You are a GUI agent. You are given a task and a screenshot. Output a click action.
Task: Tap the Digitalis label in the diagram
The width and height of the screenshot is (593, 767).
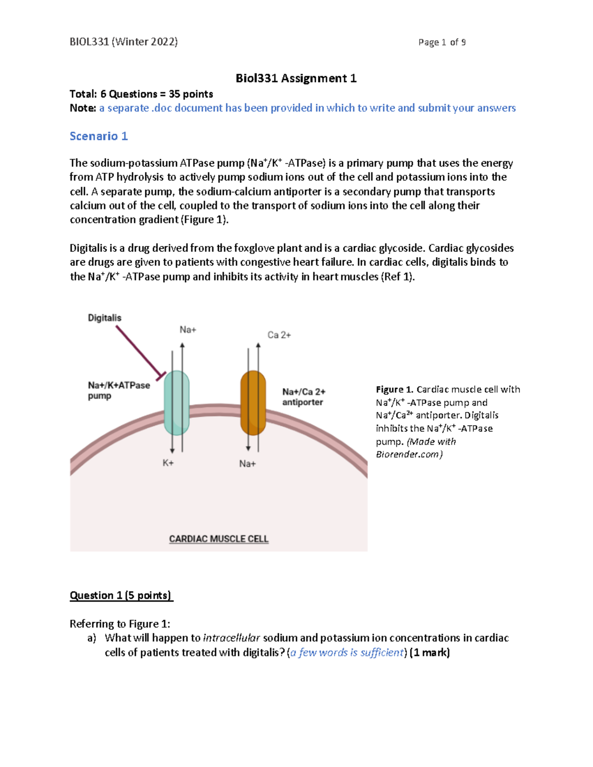[104, 318]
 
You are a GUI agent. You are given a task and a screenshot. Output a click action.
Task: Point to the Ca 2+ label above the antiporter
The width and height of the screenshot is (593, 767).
[279, 335]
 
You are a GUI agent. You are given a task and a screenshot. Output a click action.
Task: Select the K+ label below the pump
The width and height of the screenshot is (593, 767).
[168, 463]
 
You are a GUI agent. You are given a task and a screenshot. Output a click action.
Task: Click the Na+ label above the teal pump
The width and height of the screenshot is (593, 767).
[188, 330]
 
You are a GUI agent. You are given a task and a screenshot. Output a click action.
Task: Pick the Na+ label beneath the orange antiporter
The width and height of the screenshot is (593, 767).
[248, 464]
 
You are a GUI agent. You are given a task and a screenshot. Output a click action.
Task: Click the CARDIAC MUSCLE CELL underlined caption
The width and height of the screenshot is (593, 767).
[218, 539]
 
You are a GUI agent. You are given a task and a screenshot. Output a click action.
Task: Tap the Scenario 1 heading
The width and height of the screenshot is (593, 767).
[99, 136]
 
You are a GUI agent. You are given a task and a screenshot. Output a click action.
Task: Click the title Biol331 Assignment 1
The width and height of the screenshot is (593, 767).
[296, 79]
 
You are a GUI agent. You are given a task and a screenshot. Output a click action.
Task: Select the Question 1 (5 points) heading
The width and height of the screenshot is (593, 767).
[121, 596]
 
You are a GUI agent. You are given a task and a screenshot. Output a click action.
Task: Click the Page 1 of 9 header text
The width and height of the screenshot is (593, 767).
[442, 42]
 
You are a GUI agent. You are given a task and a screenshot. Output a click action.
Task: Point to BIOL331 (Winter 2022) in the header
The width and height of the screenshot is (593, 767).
[124, 42]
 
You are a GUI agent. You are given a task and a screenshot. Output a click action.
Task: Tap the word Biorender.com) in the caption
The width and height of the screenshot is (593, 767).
[409, 454]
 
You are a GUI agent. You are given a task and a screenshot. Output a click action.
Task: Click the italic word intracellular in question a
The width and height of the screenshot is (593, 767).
[231, 638]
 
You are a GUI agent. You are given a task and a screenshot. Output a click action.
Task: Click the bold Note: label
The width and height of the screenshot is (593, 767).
[83, 108]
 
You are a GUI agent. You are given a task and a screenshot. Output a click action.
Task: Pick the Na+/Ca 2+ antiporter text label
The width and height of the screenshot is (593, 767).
[303, 397]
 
